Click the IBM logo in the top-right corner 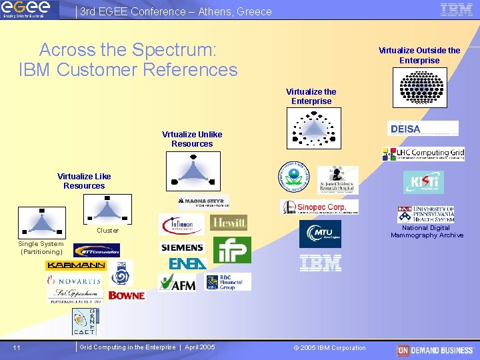click(x=457, y=9)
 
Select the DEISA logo click(x=423, y=129)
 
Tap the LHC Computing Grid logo click(x=423, y=154)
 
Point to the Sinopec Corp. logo click(x=319, y=207)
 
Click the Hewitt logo click(x=228, y=223)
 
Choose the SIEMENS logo click(x=182, y=247)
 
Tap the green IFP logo click(x=232, y=250)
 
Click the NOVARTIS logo click(x=74, y=281)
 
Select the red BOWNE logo click(x=127, y=295)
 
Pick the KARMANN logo click(x=75, y=265)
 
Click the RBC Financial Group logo click(x=228, y=282)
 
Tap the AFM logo click(x=178, y=283)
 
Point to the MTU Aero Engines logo click(x=319, y=234)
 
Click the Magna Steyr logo click(x=203, y=202)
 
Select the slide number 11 click(x=17, y=347)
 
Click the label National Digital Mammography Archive click(x=427, y=231)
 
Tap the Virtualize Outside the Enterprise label click(x=419, y=55)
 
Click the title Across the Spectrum click(x=128, y=59)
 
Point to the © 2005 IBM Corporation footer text click(x=330, y=347)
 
